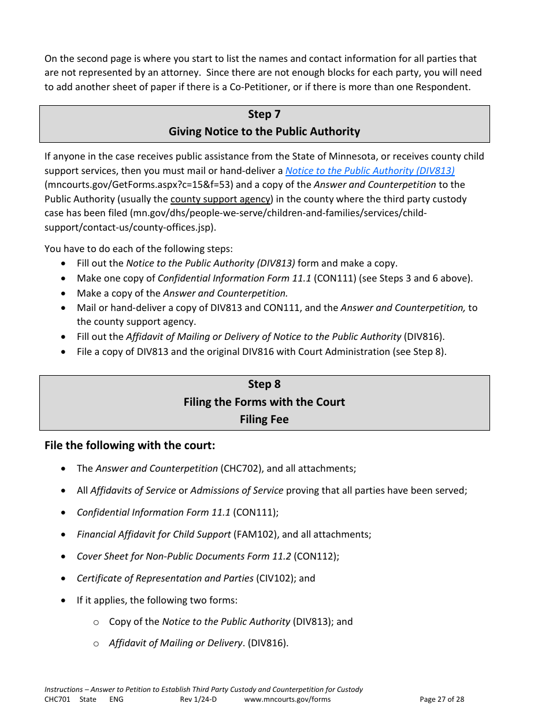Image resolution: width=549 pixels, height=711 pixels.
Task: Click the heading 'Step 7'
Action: pos(264,114)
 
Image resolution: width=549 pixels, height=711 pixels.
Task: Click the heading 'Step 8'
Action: pos(264,384)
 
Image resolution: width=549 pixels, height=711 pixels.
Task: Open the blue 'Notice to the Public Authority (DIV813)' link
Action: pos(370,171)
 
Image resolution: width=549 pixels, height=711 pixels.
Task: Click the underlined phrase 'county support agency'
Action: pos(220,199)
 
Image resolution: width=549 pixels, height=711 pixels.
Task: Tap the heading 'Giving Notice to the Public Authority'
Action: pos(264,131)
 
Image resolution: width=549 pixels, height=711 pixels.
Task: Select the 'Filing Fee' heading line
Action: pos(264,419)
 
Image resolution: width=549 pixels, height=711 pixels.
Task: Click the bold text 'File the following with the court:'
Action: pos(129,446)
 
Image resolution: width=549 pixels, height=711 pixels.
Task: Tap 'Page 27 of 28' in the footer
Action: pos(442,699)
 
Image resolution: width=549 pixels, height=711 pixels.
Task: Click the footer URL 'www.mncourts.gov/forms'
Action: pos(287,699)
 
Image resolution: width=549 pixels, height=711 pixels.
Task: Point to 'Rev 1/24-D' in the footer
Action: pos(198,699)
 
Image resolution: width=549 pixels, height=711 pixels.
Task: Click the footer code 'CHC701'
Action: pos(57,699)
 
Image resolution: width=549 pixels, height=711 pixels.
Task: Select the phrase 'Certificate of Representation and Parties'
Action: pos(165,578)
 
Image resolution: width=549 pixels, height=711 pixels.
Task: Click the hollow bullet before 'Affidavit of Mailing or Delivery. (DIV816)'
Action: pos(97,643)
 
